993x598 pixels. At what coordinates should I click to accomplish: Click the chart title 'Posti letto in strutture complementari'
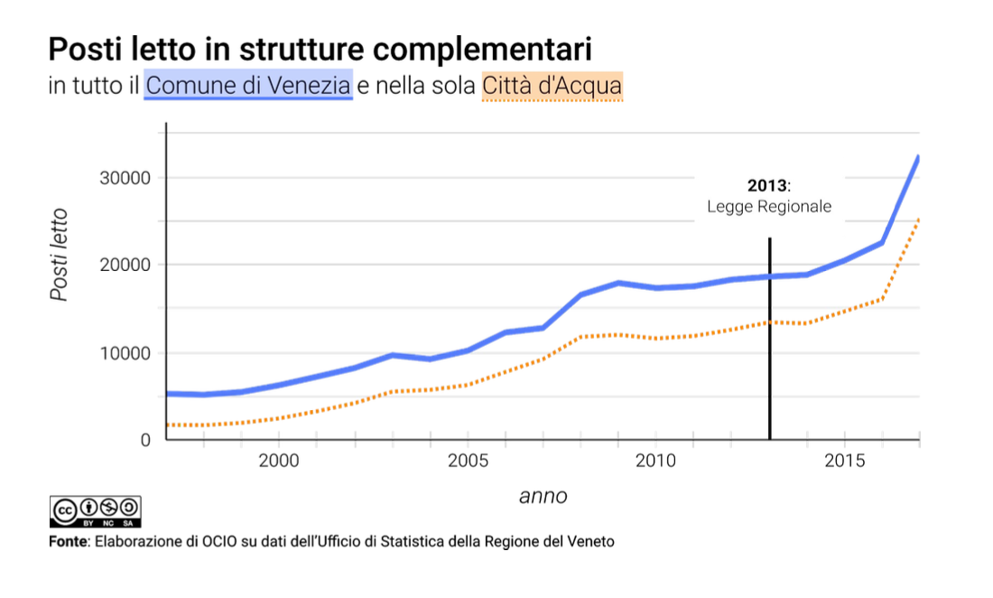(x=320, y=49)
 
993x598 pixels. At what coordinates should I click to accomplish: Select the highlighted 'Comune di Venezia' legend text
(x=248, y=86)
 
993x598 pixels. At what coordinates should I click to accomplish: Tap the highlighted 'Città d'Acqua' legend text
(x=552, y=86)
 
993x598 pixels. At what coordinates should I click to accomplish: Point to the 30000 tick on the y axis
(x=124, y=178)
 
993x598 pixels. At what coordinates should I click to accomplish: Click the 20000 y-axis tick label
(x=124, y=265)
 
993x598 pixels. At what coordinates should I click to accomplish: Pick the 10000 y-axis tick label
(x=124, y=353)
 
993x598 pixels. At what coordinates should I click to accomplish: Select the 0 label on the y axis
(x=144, y=440)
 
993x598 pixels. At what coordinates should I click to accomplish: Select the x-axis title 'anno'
(x=543, y=496)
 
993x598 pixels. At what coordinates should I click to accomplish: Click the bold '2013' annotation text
(x=767, y=186)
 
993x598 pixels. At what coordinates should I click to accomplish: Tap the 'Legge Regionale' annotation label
(x=769, y=207)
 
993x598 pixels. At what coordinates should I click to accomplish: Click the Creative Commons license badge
(x=96, y=511)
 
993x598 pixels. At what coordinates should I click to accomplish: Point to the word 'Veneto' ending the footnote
(x=590, y=542)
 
